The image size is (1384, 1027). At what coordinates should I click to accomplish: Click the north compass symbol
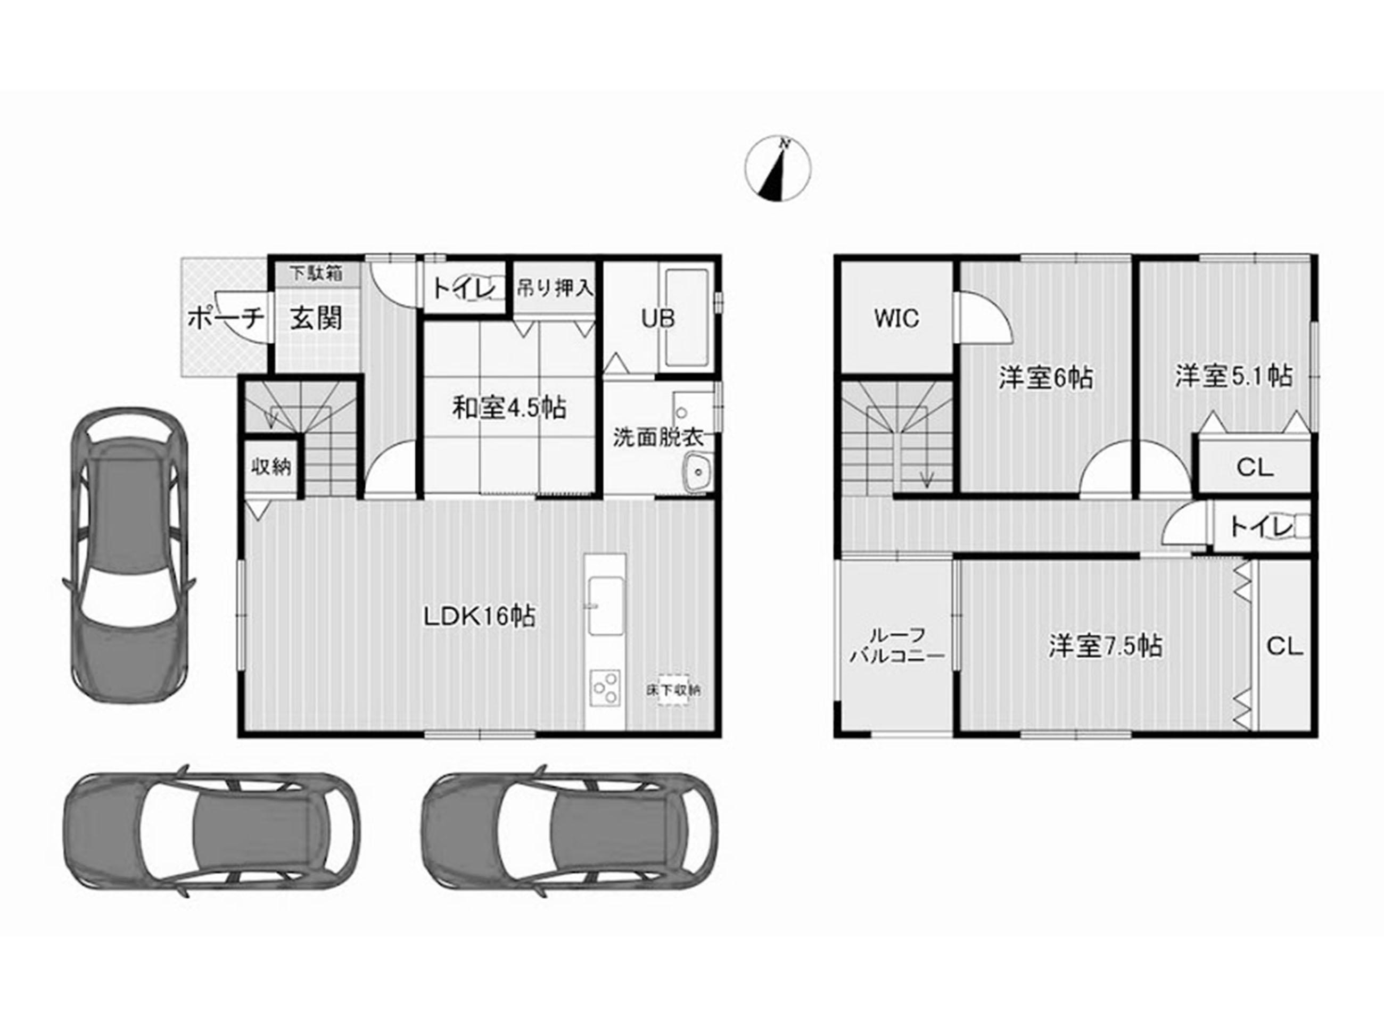click(778, 169)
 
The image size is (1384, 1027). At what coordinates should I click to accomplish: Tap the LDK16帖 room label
click(480, 617)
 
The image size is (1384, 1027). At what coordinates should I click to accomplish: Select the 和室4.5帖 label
click(508, 409)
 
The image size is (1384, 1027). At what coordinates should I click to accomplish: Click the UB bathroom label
click(658, 319)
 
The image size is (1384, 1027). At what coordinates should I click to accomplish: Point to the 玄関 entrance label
click(317, 319)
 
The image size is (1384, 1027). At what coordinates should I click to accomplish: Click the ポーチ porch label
click(226, 319)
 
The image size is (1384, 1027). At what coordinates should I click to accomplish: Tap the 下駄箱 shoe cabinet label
click(317, 273)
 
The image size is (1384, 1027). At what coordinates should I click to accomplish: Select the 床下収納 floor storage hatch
click(673, 690)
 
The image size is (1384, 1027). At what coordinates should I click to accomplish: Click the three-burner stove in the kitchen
click(605, 688)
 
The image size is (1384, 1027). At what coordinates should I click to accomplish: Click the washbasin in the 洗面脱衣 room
click(699, 473)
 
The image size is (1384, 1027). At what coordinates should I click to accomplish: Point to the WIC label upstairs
click(896, 318)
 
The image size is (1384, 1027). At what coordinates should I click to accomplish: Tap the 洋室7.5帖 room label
click(1106, 647)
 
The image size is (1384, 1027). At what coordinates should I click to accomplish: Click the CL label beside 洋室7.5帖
click(1284, 647)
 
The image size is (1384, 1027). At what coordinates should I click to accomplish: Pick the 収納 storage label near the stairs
click(271, 466)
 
